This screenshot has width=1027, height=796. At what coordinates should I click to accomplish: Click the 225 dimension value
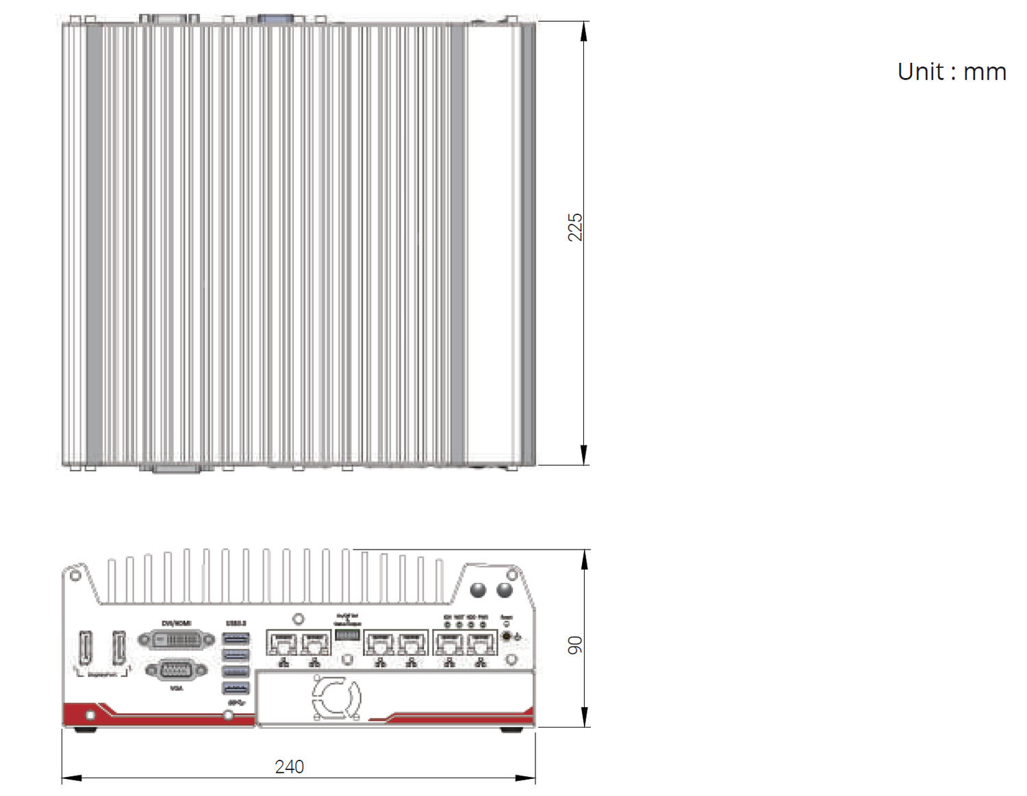click(574, 227)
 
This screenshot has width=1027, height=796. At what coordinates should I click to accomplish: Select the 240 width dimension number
click(289, 767)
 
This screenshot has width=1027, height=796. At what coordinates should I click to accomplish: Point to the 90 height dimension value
click(574, 645)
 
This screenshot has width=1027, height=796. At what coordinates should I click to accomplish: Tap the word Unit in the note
click(921, 72)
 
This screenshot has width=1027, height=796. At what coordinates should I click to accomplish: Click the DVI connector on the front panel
click(177, 641)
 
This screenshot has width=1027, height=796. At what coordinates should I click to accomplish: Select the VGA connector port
click(176, 670)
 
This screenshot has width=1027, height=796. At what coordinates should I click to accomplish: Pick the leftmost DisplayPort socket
click(86, 647)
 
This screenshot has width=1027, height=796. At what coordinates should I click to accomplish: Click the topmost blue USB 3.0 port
click(236, 639)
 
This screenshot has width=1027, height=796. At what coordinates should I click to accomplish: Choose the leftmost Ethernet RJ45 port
click(283, 643)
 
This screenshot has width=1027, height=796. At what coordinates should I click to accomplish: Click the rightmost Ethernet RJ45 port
click(481, 643)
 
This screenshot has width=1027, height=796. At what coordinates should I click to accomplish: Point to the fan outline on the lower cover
click(336, 697)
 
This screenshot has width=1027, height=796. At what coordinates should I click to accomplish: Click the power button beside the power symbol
click(507, 637)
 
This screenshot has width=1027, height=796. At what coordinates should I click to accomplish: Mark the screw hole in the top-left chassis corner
click(75, 576)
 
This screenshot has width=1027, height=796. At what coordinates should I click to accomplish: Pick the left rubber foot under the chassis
click(85, 730)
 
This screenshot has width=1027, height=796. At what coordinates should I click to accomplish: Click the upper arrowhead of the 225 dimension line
click(583, 31)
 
